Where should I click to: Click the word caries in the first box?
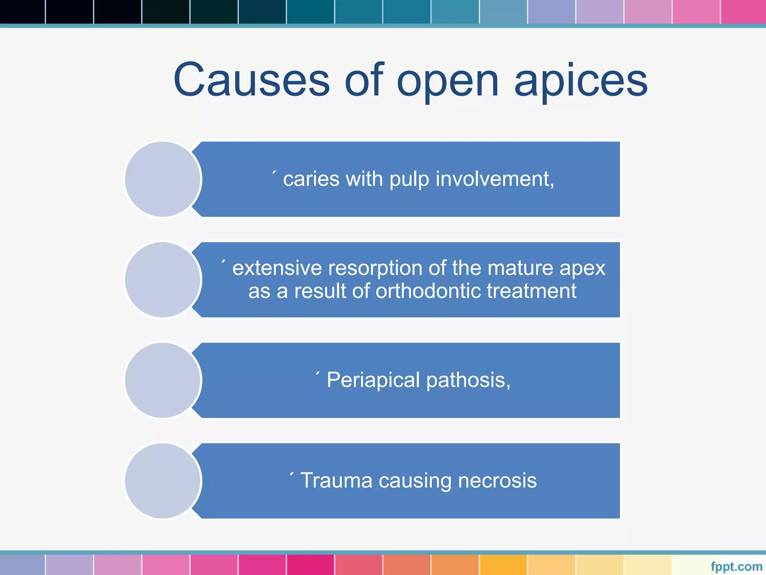coord(311,179)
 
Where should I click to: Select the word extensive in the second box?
coord(277,268)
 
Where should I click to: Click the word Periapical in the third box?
coord(373,380)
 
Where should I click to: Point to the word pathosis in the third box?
coord(468,380)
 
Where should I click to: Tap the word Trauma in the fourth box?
coord(336,481)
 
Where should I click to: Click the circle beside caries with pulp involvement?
coord(163,179)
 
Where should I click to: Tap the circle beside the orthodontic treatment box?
coord(163,280)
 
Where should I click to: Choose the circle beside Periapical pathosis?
coord(163,380)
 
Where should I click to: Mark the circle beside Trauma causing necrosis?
coord(163,481)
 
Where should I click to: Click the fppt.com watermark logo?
coord(736,566)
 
